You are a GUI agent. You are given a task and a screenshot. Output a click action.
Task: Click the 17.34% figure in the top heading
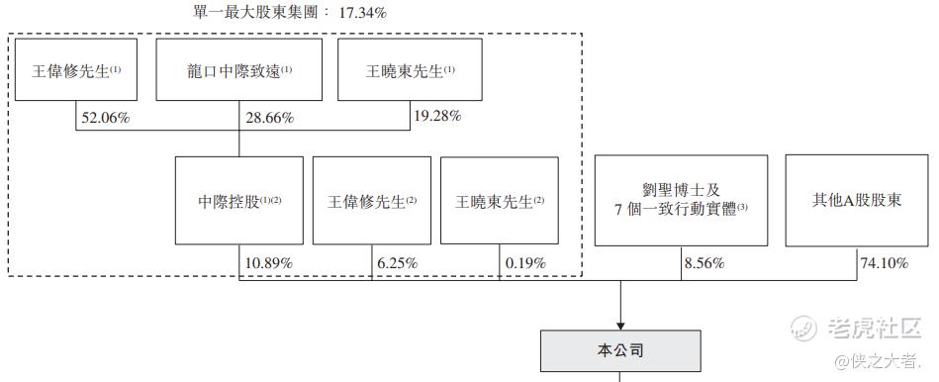(363, 12)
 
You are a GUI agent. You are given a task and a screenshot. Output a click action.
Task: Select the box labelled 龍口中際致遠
(238, 69)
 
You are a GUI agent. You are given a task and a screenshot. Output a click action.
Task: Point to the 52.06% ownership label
(106, 118)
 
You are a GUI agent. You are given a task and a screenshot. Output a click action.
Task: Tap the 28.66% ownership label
(269, 118)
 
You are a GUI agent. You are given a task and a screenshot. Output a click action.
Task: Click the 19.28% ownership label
(437, 116)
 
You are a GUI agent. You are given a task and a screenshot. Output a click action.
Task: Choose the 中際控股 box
(238, 201)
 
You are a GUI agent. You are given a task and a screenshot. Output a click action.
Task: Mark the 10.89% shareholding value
(269, 263)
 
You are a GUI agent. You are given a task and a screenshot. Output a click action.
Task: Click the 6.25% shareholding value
(397, 263)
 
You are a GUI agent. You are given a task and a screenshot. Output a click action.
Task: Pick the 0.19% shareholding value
(525, 263)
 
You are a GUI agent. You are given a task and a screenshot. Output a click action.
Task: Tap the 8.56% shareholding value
(704, 263)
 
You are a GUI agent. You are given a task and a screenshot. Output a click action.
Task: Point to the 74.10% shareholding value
(885, 263)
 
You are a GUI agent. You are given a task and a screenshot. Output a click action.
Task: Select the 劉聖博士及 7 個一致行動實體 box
(681, 201)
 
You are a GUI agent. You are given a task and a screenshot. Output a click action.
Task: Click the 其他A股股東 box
(857, 201)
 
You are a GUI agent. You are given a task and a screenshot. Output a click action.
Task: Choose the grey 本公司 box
(621, 351)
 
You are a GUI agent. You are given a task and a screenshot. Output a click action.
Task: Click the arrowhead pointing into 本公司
(621, 326)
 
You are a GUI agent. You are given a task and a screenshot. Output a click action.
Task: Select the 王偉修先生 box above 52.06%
(76, 69)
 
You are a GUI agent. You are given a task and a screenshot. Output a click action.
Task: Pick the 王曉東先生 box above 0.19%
(500, 201)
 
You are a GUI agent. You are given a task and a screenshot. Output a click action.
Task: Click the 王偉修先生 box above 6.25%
(372, 201)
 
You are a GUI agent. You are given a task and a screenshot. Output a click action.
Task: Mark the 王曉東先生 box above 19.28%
(411, 69)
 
